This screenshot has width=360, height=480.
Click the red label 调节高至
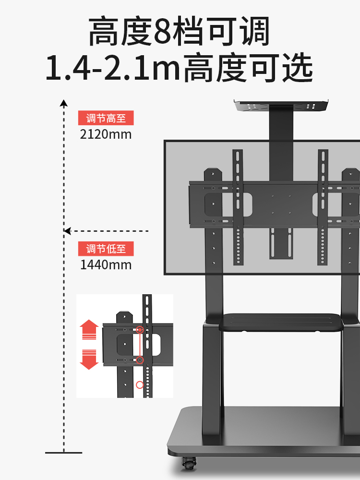tap(106, 118)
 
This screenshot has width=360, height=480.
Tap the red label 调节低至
tap(106, 249)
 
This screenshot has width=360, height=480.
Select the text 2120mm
tap(106, 134)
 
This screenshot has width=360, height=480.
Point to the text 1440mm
tap(106, 264)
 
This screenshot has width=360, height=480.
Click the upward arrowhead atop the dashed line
tap(63, 103)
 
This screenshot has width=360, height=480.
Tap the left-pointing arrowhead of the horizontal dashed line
tap(68, 231)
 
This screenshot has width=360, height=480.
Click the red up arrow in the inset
tap(89, 330)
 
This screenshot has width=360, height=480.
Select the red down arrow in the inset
tap(89, 359)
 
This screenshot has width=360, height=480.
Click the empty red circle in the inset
tap(140, 384)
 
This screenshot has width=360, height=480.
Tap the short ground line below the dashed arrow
tap(63, 453)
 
